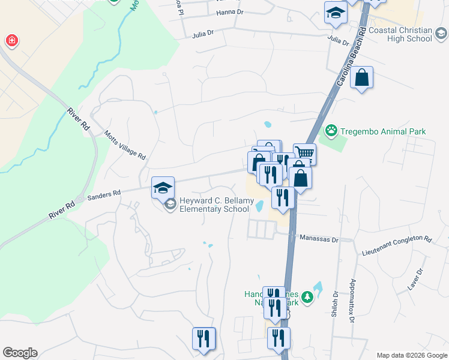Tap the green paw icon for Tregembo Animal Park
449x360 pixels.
coord(331,130)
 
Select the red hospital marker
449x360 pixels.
coord(11,41)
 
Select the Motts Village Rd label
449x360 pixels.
coord(125,145)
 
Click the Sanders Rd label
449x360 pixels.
coord(104,194)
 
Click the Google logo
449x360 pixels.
coord(20,353)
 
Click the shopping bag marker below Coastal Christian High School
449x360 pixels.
coord(361,78)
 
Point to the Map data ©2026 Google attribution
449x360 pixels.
coord(412,355)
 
